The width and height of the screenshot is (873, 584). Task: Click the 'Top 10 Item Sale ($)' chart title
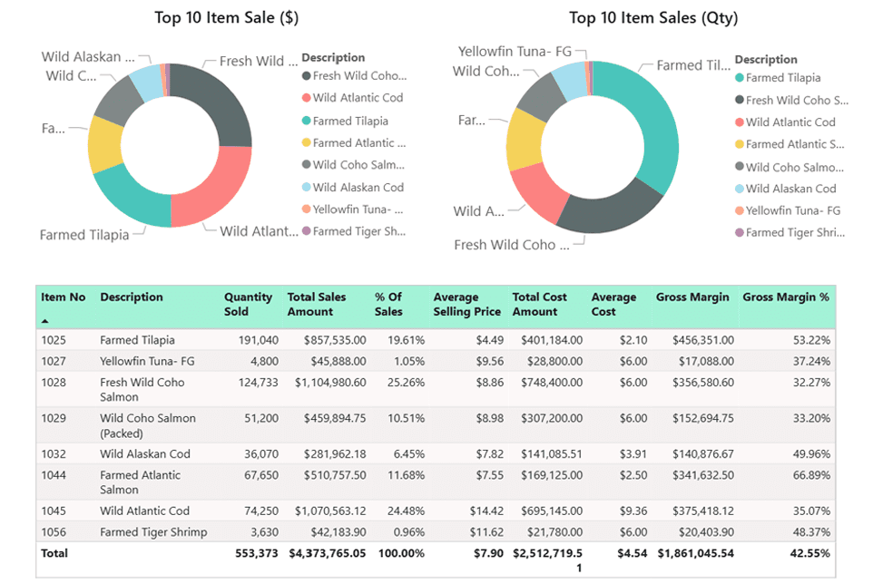[226, 17]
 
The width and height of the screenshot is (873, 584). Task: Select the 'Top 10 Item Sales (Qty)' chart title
[653, 17]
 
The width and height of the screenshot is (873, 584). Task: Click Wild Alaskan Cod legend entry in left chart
[358, 188]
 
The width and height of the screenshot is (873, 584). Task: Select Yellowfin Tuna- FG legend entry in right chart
[792, 210]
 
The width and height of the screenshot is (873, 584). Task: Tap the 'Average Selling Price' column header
[466, 305]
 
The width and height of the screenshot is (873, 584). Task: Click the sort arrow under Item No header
[45, 321]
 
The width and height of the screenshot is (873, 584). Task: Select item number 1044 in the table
[54, 475]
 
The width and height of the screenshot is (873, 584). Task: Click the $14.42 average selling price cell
[485, 511]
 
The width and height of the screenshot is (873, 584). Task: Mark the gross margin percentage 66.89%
[810, 475]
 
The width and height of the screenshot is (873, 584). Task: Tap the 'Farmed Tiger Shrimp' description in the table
[153, 532]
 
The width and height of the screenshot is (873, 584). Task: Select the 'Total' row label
[54, 553]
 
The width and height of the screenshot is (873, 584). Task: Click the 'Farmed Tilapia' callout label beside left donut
[83, 235]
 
